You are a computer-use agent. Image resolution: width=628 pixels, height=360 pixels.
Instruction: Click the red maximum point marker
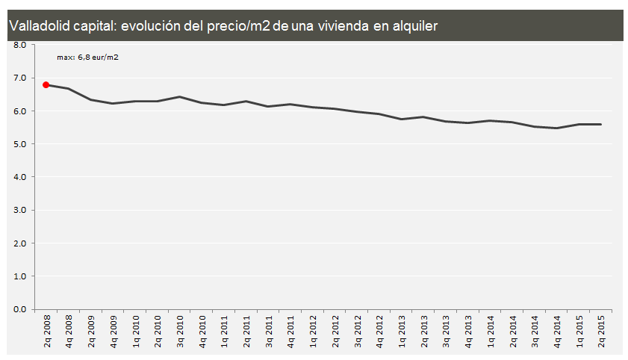click(46, 85)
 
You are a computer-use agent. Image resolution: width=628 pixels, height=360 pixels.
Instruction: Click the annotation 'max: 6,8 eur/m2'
click(87, 57)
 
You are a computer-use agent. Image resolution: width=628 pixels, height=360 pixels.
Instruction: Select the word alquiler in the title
click(411, 26)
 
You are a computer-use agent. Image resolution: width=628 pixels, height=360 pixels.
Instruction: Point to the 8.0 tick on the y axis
click(19, 45)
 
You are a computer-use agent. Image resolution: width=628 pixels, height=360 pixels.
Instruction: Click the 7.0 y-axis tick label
click(19, 78)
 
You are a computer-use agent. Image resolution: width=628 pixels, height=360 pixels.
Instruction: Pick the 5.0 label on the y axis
click(19, 144)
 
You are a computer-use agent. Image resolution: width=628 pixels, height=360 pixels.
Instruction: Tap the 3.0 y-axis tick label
click(19, 210)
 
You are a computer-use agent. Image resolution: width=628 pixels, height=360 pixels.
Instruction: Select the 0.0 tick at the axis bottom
click(19, 309)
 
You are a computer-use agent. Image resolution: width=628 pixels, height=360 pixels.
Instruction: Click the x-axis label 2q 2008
click(46, 331)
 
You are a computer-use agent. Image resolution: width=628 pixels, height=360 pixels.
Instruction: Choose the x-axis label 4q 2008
click(69, 331)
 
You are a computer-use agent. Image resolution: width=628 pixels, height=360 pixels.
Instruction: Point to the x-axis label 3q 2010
click(179, 331)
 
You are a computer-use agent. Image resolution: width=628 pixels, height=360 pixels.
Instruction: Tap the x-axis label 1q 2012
click(313, 331)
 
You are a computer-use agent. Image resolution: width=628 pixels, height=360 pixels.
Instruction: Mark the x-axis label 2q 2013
click(424, 331)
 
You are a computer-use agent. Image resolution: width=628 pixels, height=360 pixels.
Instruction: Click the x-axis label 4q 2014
click(557, 331)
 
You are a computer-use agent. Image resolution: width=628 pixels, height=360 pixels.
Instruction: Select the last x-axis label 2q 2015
click(601, 331)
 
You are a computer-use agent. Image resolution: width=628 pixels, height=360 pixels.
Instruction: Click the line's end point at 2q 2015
click(601, 124)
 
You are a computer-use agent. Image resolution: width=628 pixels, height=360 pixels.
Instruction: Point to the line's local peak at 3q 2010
click(179, 96)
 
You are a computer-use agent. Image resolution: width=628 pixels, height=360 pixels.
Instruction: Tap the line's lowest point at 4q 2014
click(557, 128)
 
